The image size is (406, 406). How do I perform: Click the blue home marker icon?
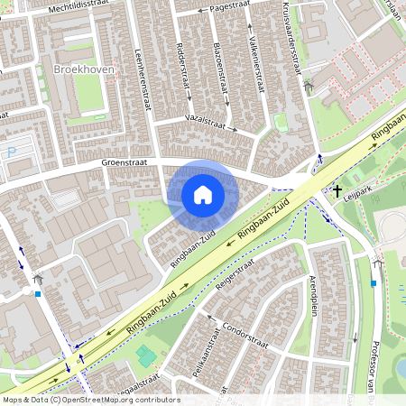(x=203, y=194)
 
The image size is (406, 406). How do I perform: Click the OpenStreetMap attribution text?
(x=90, y=400)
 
